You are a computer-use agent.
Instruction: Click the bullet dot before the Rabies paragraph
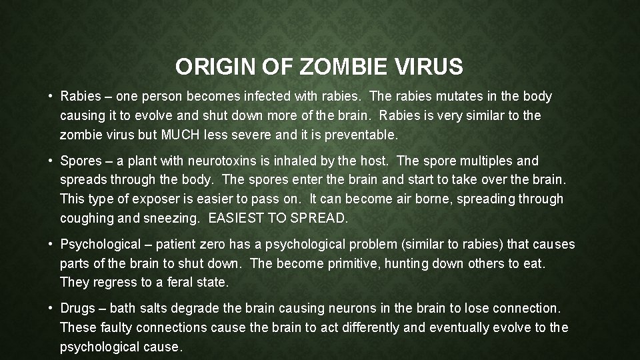tap(51, 97)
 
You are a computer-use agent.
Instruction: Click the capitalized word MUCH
tap(181, 134)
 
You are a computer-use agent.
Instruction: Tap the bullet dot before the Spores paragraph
tap(51, 161)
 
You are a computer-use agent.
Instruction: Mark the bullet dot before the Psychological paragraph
tap(51, 245)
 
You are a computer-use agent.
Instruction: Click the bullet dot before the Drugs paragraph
tap(51, 309)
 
